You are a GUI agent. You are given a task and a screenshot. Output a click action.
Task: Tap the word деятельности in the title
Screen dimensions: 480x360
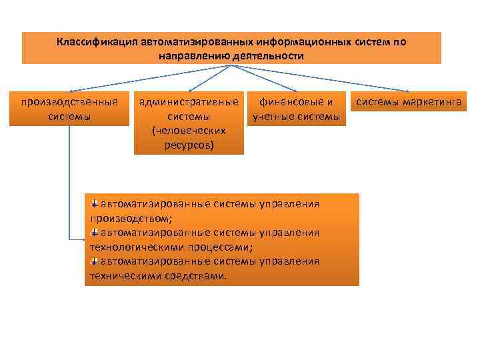click(x=268, y=55)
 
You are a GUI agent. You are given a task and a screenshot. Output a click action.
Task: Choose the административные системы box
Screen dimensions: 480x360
click(x=189, y=123)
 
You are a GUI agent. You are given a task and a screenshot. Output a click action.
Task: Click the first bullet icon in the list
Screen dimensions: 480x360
click(x=95, y=203)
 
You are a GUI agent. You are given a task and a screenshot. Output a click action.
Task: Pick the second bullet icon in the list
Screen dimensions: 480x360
click(x=95, y=232)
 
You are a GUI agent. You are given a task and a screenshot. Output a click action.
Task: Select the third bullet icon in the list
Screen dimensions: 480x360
click(x=95, y=261)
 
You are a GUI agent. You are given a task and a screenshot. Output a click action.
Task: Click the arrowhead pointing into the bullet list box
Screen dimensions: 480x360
click(x=81, y=239)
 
